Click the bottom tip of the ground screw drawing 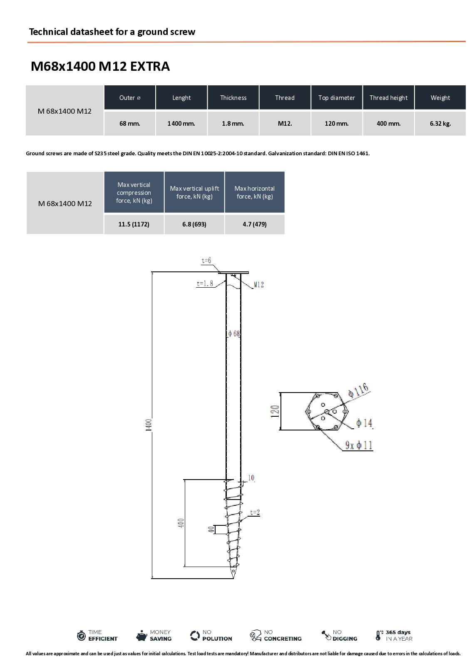pyautogui.click(x=233, y=578)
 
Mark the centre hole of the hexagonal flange pyautogui.click(x=327, y=411)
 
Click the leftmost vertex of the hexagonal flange pyautogui.click(x=305, y=411)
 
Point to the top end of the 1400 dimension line pyautogui.click(x=152, y=272)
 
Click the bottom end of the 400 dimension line pyautogui.click(x=185, y=566)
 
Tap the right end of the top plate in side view pyautogui.click(x=248, y=273)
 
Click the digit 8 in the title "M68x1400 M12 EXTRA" pyautogui.click(x=54, y=66)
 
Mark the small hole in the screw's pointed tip pyautogui.click(x=233, y=571)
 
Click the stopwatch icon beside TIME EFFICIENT pyautogui.click(x=81, y=635)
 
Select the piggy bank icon pyautogui.click(x=141, y=635)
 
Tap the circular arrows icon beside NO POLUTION pyautogui.click(x=195, y=635)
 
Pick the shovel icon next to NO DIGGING pyautogui.click(x=326, y=635)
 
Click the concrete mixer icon pyautogui.click(x=256, y=635)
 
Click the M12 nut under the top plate pyautogui.click(x=233, y=275)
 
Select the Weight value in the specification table pyautogui.click(x=440, y=124)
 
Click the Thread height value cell pyautogui.click(x=388, y=123)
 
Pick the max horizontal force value pyautogui.click(x=255, y=224)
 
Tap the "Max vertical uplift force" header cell pyautogui.click(x=194, y=192)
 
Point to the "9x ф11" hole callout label pyautogui.click(x=359, y=445)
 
